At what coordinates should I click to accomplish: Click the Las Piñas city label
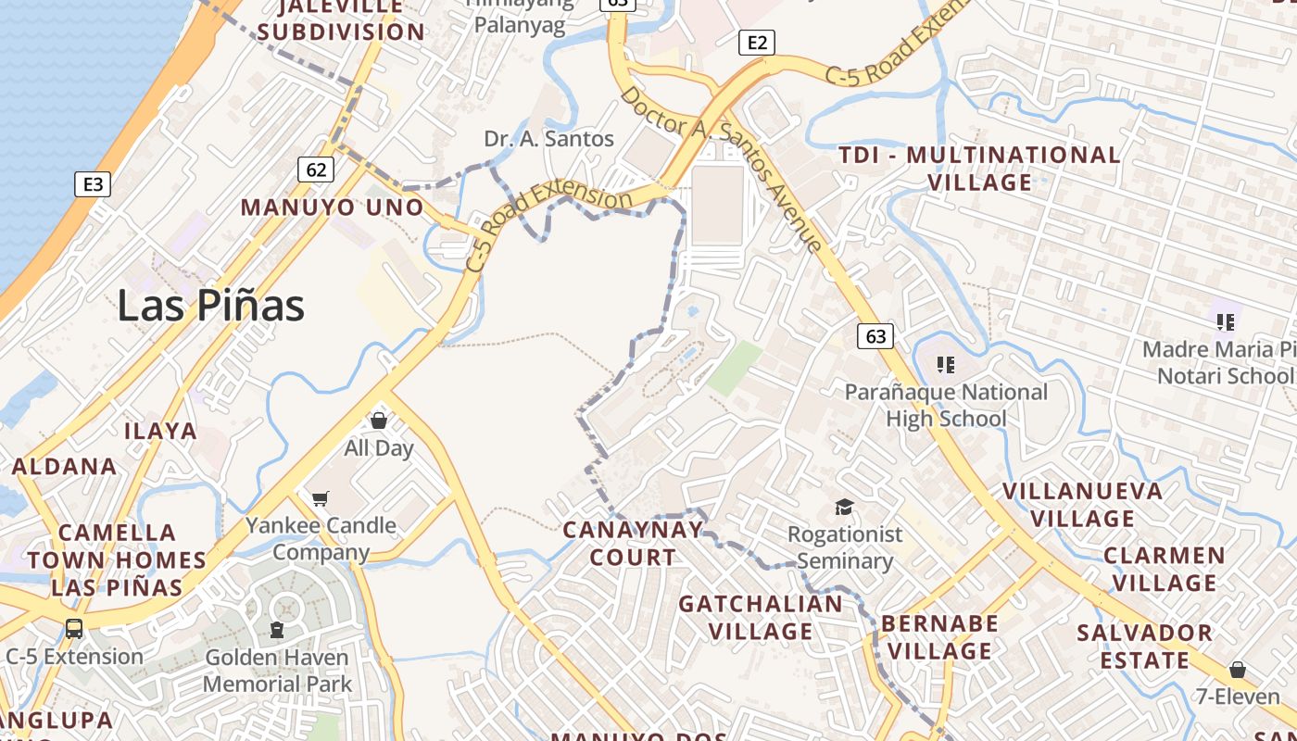[210, 306]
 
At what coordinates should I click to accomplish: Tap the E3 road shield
[93, 183]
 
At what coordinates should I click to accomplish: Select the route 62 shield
[316, 169]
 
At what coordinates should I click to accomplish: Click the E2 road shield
[757, 42]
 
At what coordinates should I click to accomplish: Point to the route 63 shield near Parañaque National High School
[875, 335]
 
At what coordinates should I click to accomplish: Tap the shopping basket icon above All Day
[378, 421]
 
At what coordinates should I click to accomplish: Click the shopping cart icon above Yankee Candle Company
[321, 498]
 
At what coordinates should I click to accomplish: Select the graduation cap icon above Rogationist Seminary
[844, 507]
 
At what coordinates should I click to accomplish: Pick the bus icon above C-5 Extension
[74, 628]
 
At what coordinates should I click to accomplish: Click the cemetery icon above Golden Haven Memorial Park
[276, 630]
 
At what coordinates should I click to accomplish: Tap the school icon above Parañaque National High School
[945, 364]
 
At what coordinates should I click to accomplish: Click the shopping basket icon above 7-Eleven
[1237, 669]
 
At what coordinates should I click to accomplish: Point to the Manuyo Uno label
[332, 207]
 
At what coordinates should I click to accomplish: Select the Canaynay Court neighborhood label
[634, 544]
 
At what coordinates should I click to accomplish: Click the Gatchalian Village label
[761, 618]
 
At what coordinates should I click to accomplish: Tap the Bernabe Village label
[939, 637]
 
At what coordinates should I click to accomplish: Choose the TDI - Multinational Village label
[979, 169]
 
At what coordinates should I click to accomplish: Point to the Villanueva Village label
[1083, 505]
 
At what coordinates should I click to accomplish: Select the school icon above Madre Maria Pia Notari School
[1226, 321]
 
